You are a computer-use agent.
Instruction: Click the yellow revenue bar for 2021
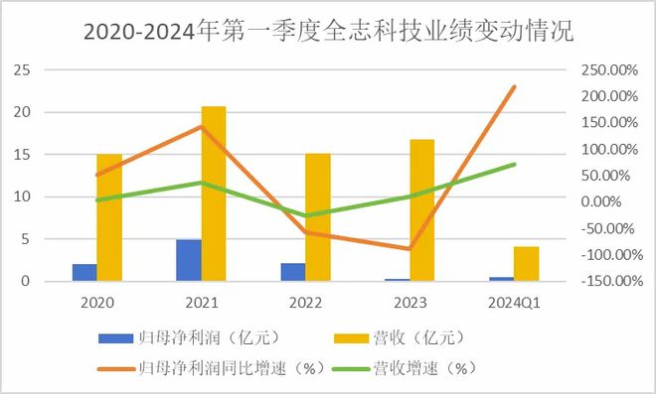click(213, 194)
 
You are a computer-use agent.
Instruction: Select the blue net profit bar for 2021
click(189, 260)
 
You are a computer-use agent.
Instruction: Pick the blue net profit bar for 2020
click(84, 273)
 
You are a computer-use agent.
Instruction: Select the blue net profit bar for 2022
click(293, 272)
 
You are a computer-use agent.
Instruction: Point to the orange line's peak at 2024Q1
click(515, 86)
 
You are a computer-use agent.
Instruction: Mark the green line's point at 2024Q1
click(515, 164)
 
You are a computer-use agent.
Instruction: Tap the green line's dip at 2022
click(305, 215)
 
